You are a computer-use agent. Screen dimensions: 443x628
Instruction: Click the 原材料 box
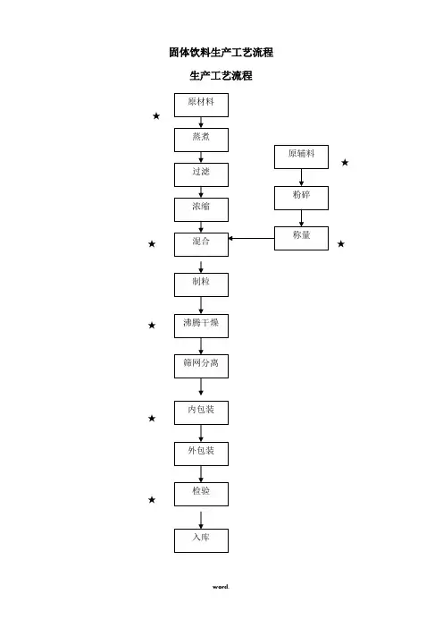pyautogui.click(x=201, y=106)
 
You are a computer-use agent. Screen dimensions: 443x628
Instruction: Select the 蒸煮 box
pyautogui.click(x=201, y=140)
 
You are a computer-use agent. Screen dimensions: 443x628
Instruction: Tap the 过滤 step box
pyautogui.click(x=201, y=175)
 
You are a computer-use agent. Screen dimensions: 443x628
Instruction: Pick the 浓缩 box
pyautogui.click(x=201, y=210)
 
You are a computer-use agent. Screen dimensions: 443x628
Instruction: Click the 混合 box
pyautogui.click(x=201, y=245)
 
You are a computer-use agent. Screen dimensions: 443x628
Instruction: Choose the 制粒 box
pyautogui.click(x=201, y=284)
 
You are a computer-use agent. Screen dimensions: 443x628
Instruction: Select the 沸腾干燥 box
pyautogui.click(x=201, y=326)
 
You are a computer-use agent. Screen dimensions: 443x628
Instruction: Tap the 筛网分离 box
pyautogui.click(x=201, y=366)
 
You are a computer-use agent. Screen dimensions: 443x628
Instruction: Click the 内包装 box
pyautogui.click(x=201, y=413)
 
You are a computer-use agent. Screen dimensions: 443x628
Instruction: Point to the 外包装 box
pyautogui.click(x=201, y=454)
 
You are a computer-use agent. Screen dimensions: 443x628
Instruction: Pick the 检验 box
pyautogui.click(x=201, y=494)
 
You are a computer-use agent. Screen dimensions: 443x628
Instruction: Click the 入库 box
pyautogui.click(x=201, y=540)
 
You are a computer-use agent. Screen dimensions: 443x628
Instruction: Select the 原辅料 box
pyautogui.click(x=301, y=157)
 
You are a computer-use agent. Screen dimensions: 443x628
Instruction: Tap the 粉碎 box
pyautogui.click(x=301, y=198)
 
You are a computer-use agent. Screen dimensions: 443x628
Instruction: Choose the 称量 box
pyautogui.click(x=301, y=239)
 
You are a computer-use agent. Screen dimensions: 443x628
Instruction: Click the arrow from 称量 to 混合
pyautogui.click(x=251, y=238)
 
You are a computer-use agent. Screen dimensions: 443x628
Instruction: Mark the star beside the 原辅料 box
pyautogui.click(x=345, y=163)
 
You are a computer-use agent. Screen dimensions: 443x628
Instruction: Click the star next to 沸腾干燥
pyautogui.click(x=152, y=326)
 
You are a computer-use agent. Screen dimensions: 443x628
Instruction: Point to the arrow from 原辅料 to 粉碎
pyautogui.click(x=301, y=177)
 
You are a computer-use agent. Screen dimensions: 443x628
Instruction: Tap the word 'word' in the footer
pyautogui.click(x=221, y=587)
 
